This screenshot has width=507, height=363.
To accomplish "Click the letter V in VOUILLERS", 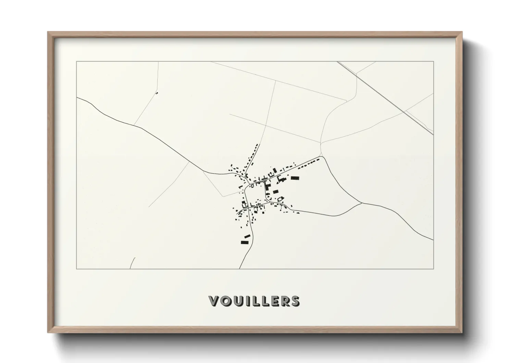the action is coord(214,301).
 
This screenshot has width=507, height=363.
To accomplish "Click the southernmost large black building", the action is coord(244,242).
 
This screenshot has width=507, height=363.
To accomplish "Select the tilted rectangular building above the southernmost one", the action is coord(247,236).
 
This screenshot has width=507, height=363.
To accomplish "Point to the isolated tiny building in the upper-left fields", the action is coord(157,92).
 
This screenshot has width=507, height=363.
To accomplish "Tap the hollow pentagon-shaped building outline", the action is coord(281,198).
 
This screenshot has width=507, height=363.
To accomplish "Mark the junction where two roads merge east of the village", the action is coord(362,203).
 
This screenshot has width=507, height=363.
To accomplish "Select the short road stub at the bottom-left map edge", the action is coord(133,263).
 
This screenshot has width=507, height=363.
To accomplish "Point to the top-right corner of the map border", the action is coord(433,61).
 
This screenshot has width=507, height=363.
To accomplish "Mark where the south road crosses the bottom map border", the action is coord(239,268).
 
